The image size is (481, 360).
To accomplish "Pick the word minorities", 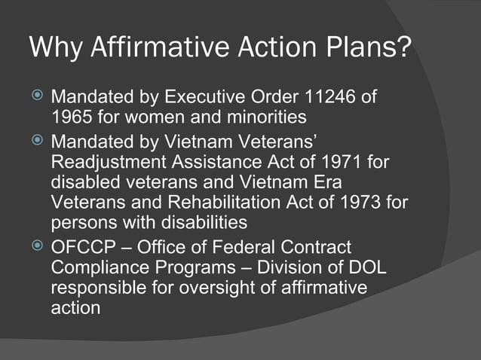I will tap(260, 117).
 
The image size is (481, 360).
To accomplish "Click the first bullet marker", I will tap(37, 98).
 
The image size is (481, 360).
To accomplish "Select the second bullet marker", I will tap(37, 142).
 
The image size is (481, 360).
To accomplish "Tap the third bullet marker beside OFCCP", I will tap(37, 247).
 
